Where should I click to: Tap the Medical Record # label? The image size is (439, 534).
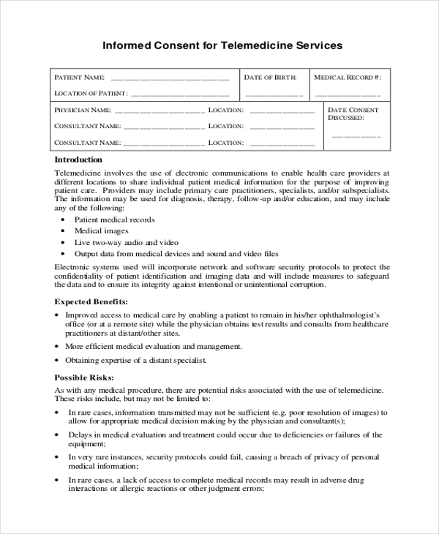(x=348, y=77)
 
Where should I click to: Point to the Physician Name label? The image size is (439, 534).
(x=82, y=110)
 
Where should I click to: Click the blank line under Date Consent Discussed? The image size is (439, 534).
(x=356, y=137)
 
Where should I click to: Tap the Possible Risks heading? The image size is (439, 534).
(x=84, y=377)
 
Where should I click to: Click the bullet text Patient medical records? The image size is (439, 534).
(x=114, y=219)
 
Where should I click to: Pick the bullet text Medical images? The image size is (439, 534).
(x=101, y=230)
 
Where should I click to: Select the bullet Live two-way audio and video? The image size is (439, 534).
(x=127, y=242)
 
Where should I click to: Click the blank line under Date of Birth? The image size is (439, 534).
(x=274, y=95)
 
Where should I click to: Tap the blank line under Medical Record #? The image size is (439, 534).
(x=348, y=95)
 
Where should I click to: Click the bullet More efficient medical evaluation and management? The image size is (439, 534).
(x=154, y=346)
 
